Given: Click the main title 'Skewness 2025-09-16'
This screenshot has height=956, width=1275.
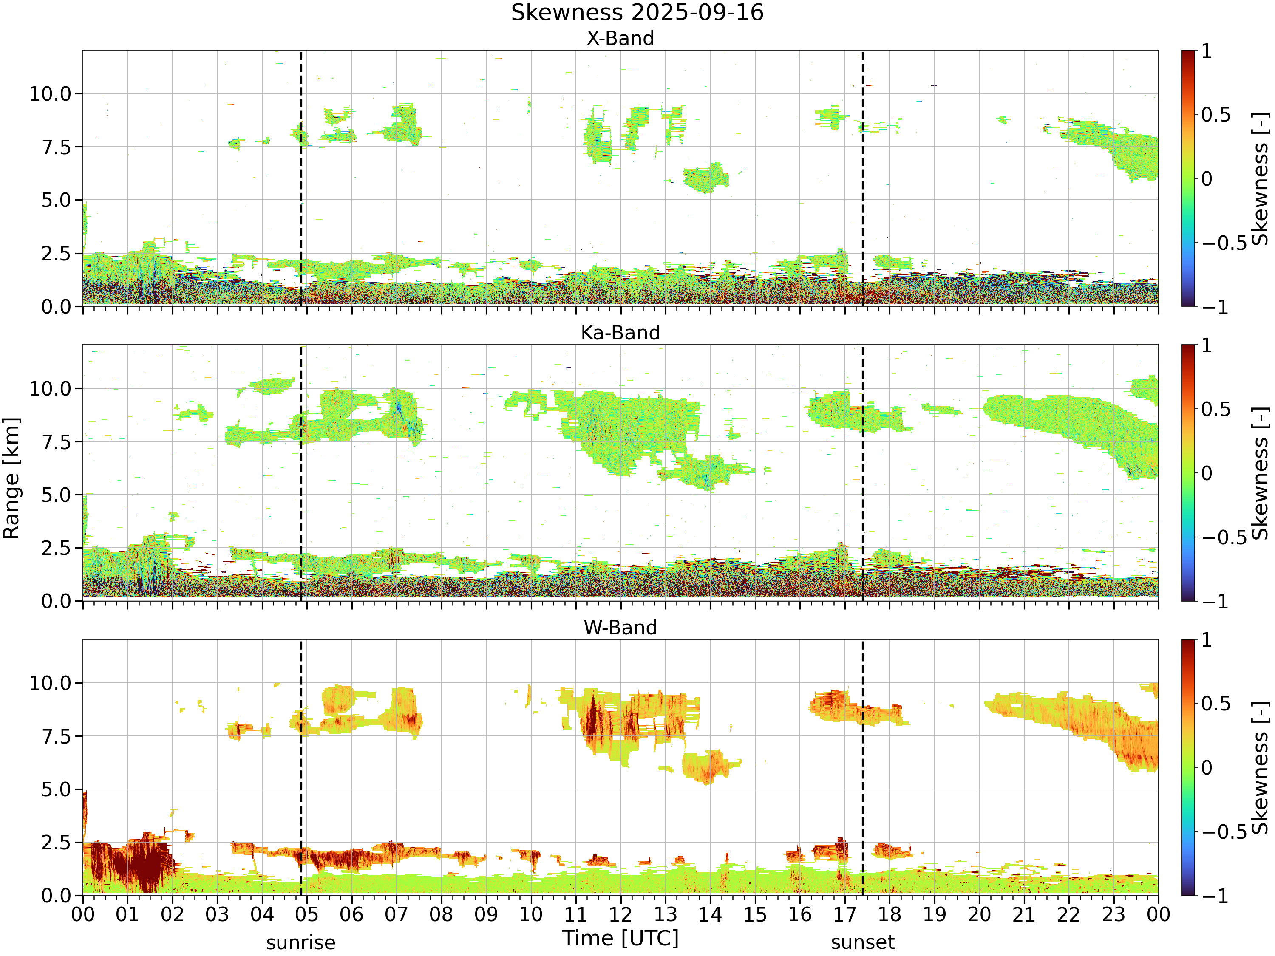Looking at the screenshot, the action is pyautogui.click(x=637, y=13).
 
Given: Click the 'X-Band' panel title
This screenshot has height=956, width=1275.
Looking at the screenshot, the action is pyautogui.click(x=620, y=39).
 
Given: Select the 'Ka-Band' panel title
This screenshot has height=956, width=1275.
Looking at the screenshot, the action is pyautogui.click(x=620, y=333).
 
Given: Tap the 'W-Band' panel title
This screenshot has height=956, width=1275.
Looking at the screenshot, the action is pyautogui.click(x=620, y=628).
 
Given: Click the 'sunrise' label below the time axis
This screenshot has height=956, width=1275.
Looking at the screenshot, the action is pyautogui.click(x=301, y=943).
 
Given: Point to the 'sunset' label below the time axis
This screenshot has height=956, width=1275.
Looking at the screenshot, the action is pyautogui.click(x=863, y=943).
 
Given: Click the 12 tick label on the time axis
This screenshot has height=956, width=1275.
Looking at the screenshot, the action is pyautogui.click(x=621, y=914).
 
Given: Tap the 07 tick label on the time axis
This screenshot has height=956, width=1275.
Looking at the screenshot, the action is pyautogui.click(x=397, y=914).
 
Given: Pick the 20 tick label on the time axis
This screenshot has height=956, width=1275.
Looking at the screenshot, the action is pyautogui.click(x=979, y=914).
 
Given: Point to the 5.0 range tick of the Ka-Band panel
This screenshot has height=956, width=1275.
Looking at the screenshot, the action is pyautogui.click(x=56, y=495).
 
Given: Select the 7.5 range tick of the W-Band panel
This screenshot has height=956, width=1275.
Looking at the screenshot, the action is pyautogui.click(x=56, y=736).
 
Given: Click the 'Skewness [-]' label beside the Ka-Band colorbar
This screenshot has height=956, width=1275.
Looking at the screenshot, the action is pyautogui.click(x=1261, y=473).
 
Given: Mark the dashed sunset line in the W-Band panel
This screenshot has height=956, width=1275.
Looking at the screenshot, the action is pyautogui.click(x=863, y=768).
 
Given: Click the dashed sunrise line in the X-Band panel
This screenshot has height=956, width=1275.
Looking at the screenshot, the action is pyautogui.click(x=301, y=178).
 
